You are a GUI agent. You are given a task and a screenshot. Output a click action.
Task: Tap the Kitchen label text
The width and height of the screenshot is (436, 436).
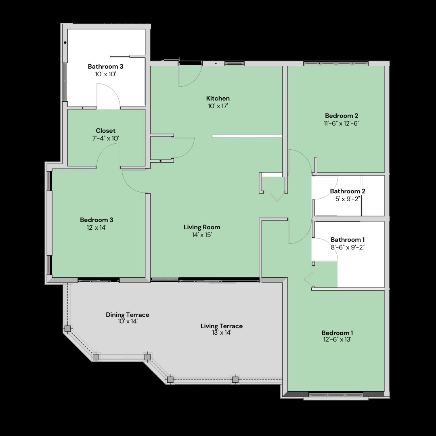click(x=218, y=99)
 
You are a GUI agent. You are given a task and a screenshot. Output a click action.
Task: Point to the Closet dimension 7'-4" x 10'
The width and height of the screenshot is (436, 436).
click(x=105, y=138)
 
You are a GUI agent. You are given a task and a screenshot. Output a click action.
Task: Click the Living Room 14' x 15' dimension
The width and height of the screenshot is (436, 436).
click(x=201, y=235)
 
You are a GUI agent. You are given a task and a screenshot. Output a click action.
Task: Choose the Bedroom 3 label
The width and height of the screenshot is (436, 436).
click(x=96, y=220)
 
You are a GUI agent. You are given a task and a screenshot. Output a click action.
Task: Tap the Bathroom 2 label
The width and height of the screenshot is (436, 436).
click(x=348, y=191)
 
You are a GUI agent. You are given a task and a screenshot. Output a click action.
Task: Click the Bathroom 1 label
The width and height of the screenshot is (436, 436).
click(x=348, y=240)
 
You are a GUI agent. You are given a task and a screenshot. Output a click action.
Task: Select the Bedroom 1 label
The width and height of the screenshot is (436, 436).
click(x=337, y=333)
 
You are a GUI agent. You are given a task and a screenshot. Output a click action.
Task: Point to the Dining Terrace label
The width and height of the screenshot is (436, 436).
click(x=128, y=315)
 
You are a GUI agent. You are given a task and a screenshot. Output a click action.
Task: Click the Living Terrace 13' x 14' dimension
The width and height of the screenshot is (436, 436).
click(x=222, y=333)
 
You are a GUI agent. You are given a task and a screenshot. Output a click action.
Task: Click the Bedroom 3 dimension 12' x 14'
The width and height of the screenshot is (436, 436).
click(x=96, y=227)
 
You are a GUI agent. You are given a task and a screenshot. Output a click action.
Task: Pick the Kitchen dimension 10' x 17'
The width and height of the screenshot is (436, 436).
click(x=218, y=106)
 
